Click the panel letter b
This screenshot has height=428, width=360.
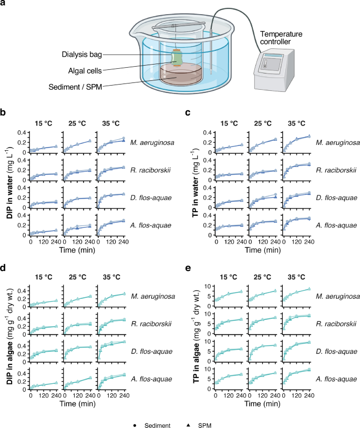click(x=4, y=112)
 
